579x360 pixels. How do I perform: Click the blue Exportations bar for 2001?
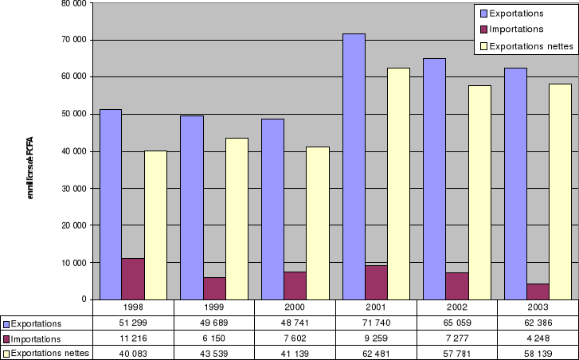354,166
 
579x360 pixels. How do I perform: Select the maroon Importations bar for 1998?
133,279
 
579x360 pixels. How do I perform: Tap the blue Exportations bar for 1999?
192,207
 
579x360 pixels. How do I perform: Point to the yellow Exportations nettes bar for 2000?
318,223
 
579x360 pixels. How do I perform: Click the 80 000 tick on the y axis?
73,3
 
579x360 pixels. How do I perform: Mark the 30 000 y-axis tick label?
73,189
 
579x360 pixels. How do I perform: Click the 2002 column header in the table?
457,306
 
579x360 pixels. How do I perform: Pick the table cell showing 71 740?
376,323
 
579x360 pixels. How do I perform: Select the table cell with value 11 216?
133,338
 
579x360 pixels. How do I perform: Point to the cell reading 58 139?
538,352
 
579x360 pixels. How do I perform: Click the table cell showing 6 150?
214,338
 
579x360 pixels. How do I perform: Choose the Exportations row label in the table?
41,323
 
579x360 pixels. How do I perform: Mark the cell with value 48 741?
295,323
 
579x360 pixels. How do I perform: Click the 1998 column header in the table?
133,306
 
